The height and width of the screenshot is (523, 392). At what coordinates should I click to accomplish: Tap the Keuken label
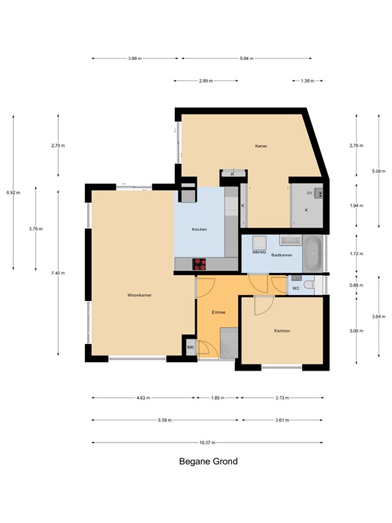(199, 229)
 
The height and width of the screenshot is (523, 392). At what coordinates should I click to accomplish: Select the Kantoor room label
(282, 331)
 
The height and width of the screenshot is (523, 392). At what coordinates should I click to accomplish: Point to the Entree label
(218, 312)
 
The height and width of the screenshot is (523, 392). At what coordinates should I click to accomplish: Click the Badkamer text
(282, 255)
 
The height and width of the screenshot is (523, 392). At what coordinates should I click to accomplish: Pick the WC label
(296, 288)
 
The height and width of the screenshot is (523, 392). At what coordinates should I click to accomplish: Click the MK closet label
(191, 347)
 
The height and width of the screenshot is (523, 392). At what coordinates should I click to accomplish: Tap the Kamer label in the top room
(261, 146)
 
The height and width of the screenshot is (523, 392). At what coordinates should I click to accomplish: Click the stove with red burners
(201, 263)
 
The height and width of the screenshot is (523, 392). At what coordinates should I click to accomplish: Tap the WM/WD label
(259, 252)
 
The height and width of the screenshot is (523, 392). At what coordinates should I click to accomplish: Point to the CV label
(309, 193)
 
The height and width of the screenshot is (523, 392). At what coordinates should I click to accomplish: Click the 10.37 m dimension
(208, 443)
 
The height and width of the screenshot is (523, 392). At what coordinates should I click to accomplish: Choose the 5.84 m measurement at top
(246, 59)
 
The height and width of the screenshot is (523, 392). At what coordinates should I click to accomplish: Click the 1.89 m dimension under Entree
(217, 398)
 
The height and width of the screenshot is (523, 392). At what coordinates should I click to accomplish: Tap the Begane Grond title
(208, 461)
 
